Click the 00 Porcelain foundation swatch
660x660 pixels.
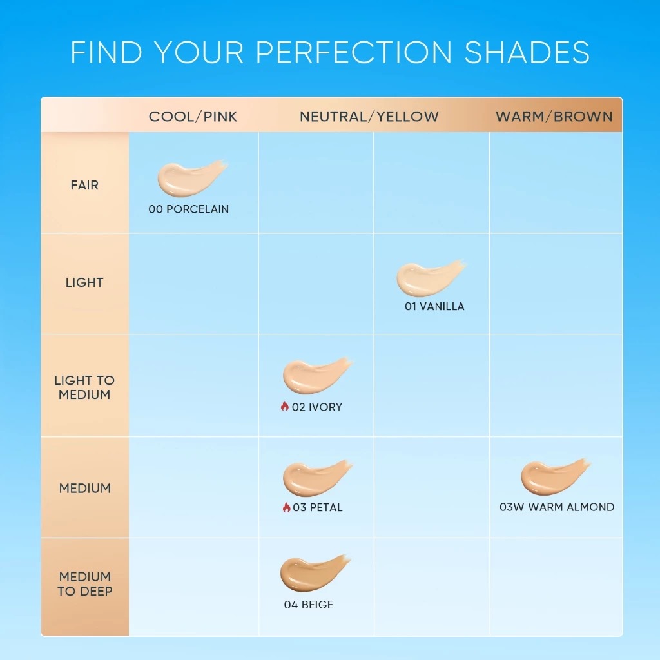187,180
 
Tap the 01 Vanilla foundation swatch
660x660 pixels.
426,278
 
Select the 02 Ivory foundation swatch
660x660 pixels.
313,376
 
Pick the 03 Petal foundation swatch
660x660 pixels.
313,478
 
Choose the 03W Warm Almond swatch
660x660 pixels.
551,476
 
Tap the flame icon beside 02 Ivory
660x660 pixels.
284,407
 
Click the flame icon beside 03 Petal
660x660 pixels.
286,507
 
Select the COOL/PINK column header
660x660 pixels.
193,117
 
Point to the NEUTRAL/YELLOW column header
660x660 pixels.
369,117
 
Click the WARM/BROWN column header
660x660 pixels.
554,117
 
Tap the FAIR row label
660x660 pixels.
84,185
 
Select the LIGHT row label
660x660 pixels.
84,282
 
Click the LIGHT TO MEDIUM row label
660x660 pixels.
84,387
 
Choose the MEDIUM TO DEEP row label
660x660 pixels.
84,584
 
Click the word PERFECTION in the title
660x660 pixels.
354,53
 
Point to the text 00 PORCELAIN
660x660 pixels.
188,209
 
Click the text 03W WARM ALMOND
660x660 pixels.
557,507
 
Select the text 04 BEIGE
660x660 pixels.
309,605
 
